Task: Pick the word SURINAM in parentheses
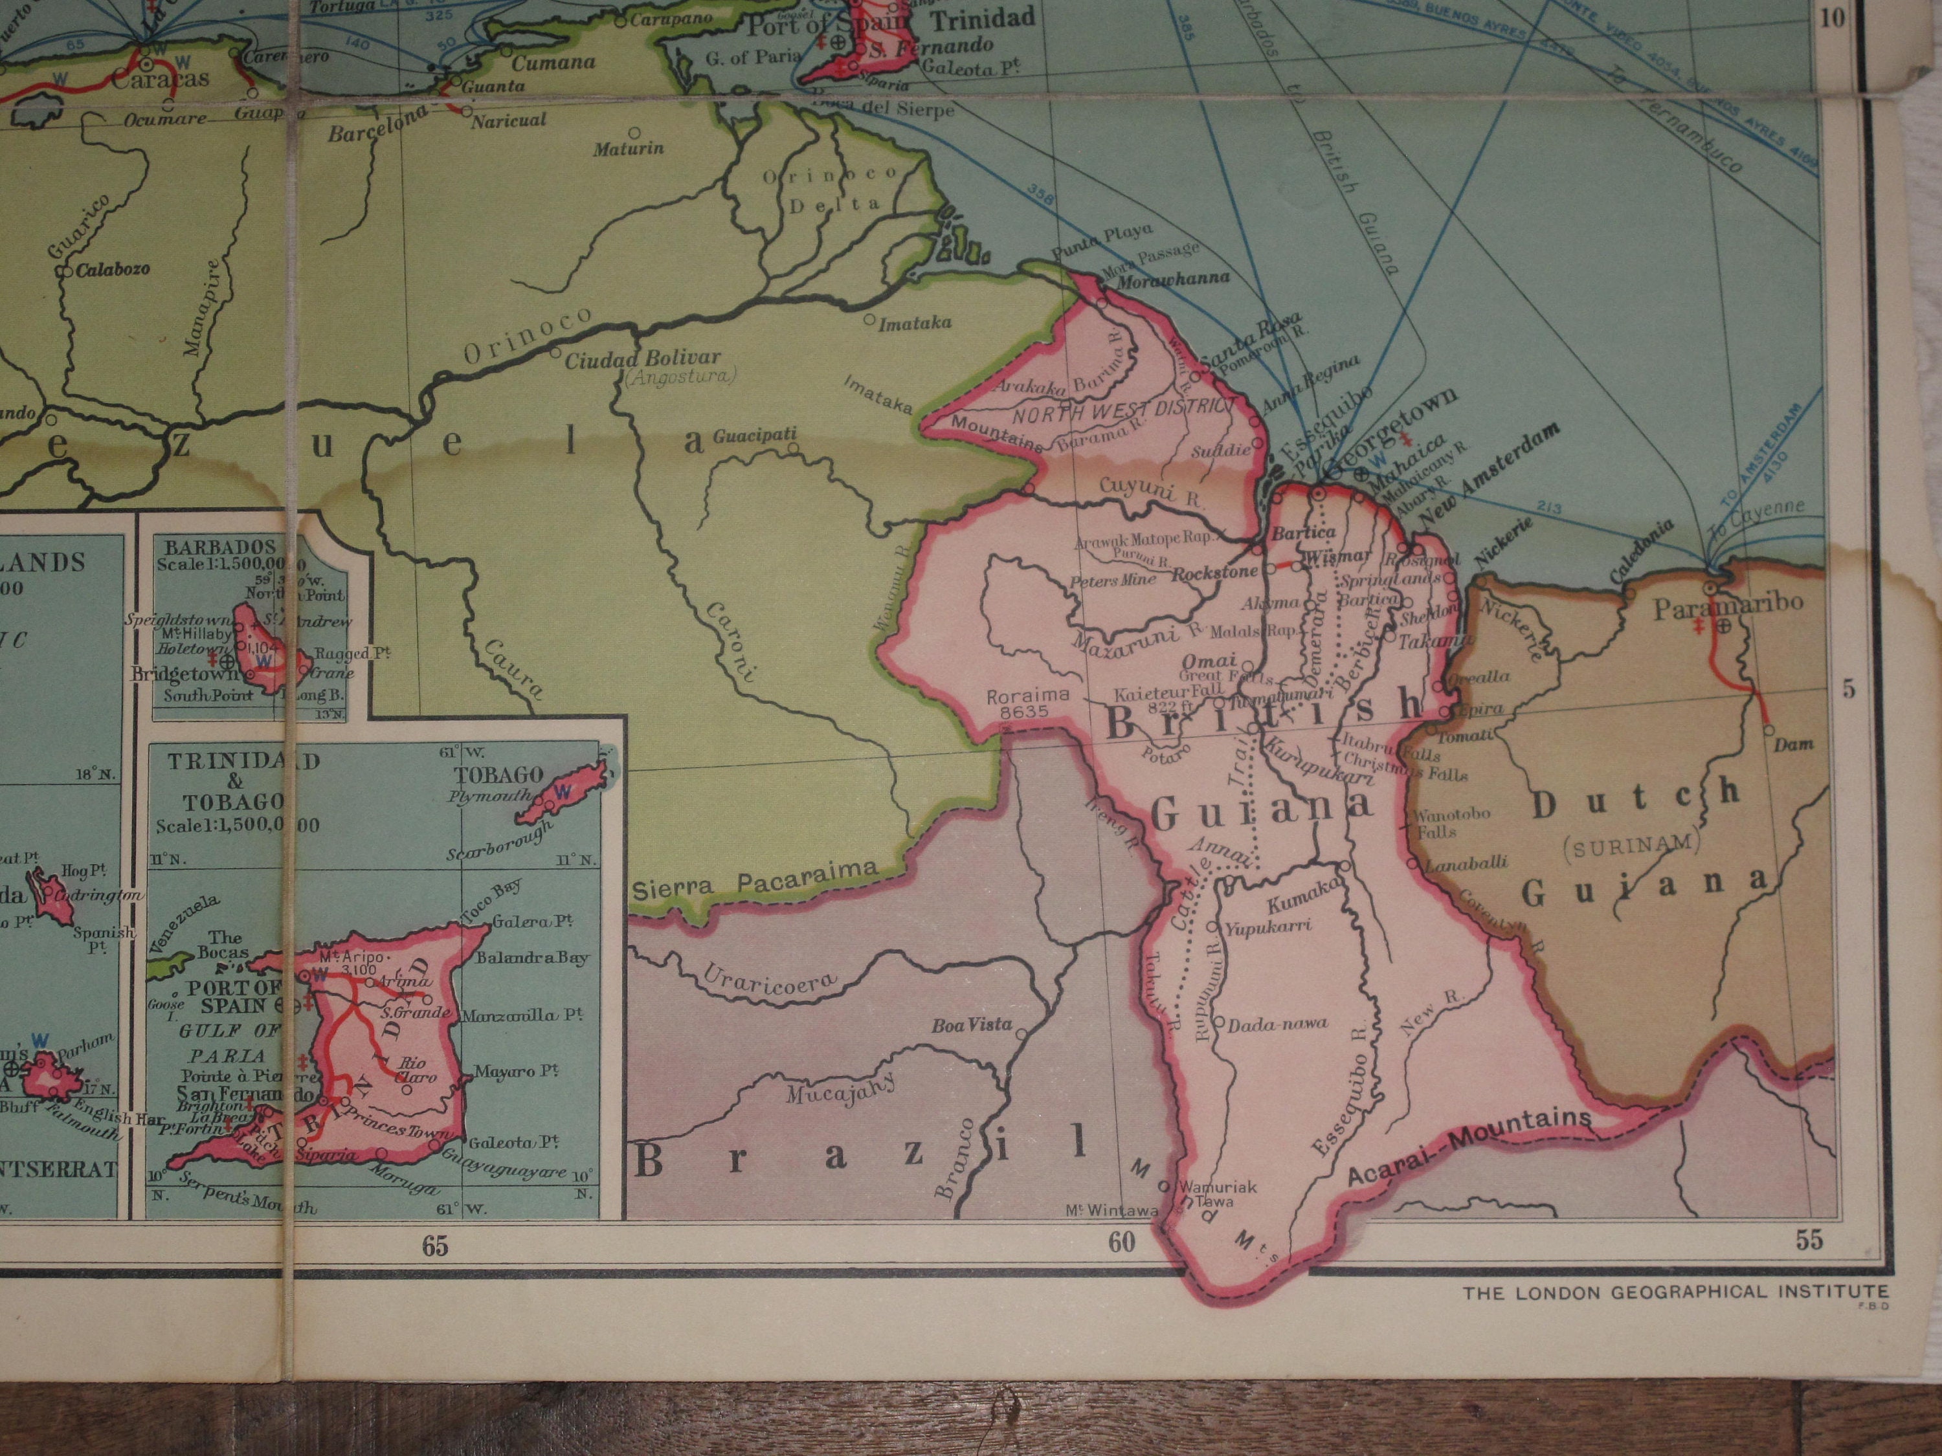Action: [x=1631, y=843]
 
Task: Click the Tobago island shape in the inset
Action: [x=561, y=793]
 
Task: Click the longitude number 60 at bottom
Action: [x=1121, y=1242]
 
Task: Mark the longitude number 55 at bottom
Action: [x=1809, y=1239]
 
